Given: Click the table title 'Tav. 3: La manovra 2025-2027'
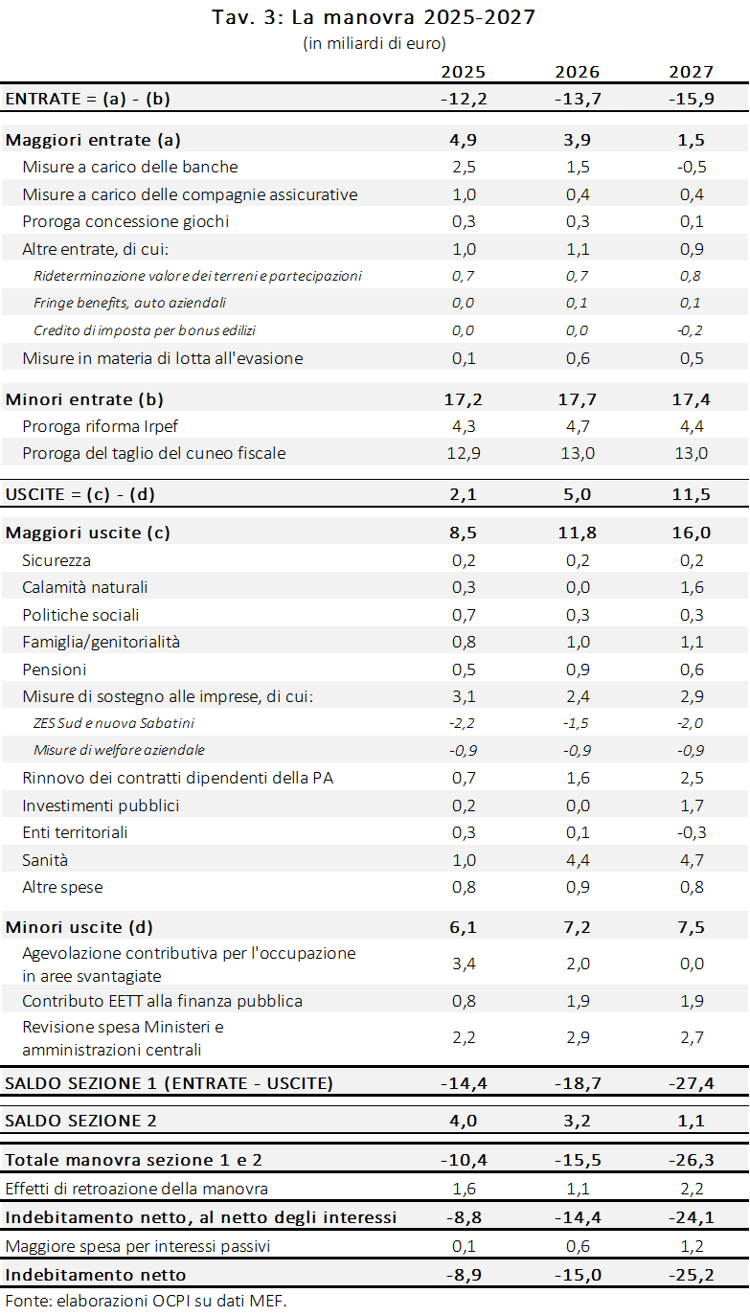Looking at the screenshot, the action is (374, 17).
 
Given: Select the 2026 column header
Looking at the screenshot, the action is (578, 72).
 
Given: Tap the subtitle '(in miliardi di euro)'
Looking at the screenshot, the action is (375, 43).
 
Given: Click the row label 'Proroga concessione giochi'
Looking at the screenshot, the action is (125, 221).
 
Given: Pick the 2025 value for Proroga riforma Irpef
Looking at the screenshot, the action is (464, 426).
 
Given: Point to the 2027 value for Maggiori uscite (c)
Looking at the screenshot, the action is (692, 533).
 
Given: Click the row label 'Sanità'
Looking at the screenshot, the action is (45, 860).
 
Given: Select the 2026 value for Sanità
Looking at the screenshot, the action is (578, 860).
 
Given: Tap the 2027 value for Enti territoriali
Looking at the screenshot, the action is (692, 832).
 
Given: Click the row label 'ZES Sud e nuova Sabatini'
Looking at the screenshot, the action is (114, 723).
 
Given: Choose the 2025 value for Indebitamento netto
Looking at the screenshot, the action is (464, 1275).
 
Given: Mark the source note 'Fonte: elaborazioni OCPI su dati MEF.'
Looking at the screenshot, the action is (146, 1301).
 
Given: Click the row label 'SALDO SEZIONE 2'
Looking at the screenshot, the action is (80, 1121).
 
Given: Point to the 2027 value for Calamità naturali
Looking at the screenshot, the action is (692, 587).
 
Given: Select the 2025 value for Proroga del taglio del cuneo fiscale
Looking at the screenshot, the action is (464, 454).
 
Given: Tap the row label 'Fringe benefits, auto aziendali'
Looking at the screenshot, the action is (130, 303).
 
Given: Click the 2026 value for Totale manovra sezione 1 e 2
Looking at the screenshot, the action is (578, 1160).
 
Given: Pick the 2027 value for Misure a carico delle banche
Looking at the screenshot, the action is (692, 167).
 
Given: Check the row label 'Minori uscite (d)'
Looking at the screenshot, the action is (80, 927).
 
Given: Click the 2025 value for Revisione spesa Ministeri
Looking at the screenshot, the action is (464, 1037).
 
